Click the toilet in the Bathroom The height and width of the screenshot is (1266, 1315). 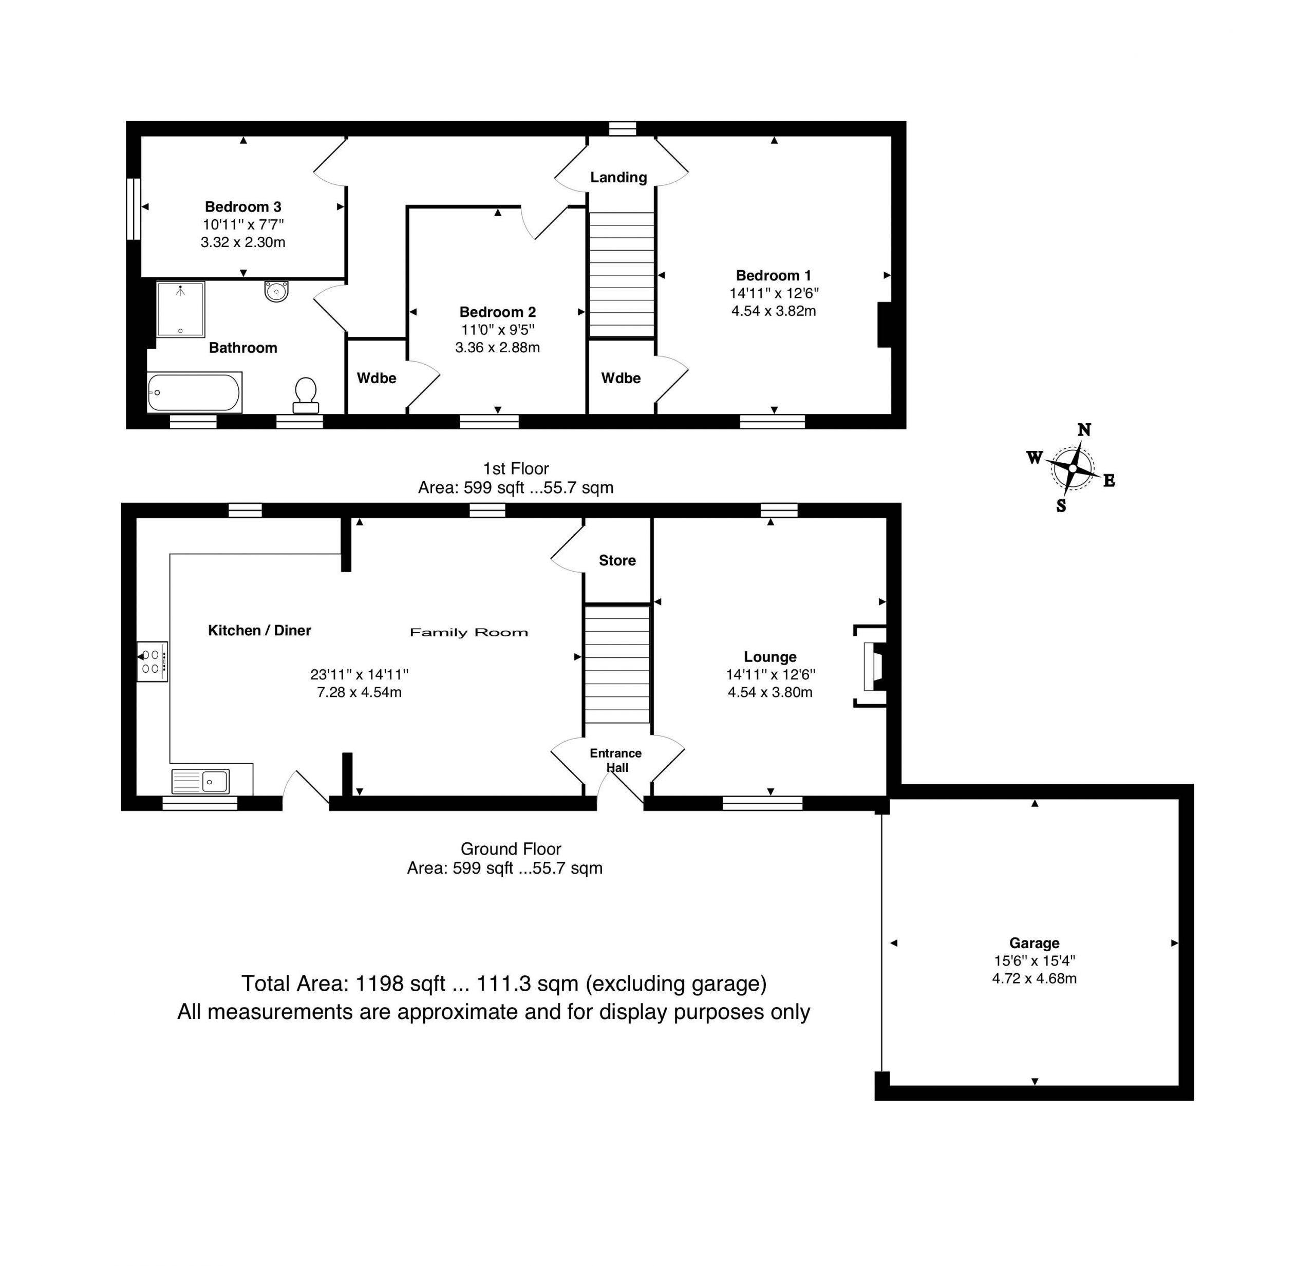pyautogui.click(x=305, y=396)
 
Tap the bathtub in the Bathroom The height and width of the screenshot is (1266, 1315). pyautogui.click(x=194, y=392)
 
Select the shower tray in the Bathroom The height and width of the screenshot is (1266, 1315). pyautogui.click(x=180, y=309)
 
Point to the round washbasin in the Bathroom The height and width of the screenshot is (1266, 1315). pyautogui.click(x=276, y=291)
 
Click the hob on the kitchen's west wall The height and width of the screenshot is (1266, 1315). pyautogui.click(x=152, y=662)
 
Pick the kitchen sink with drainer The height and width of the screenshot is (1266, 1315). pyautogui.click(x=201, y=782)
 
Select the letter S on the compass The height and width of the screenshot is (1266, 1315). pyautogui.click(x=1061, y=506)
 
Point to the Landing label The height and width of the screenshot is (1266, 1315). pyautogui.click(x=618, y=177)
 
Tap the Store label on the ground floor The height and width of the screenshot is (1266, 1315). pyautogui.click(x=617, y=560)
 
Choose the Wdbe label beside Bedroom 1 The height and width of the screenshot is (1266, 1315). pyautogui.click(x=621, y=379)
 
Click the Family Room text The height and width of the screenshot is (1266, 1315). pyautogui.click(x=469, y=632)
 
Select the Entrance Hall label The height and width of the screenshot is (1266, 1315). pyautogui.click(x=616, y=760)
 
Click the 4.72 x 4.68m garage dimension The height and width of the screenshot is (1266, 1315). pyautogui.click(x=1034, y=979)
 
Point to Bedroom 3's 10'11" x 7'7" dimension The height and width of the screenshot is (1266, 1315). pyautogui.click(x=243, y=225)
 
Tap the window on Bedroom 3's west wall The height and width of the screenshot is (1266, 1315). pyautogui.click(x=134, y=208)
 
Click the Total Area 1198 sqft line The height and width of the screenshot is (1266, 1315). pyautogui.click(x=504, y=984)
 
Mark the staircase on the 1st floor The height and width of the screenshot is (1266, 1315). pyautogui.click(x=621, y=274)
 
